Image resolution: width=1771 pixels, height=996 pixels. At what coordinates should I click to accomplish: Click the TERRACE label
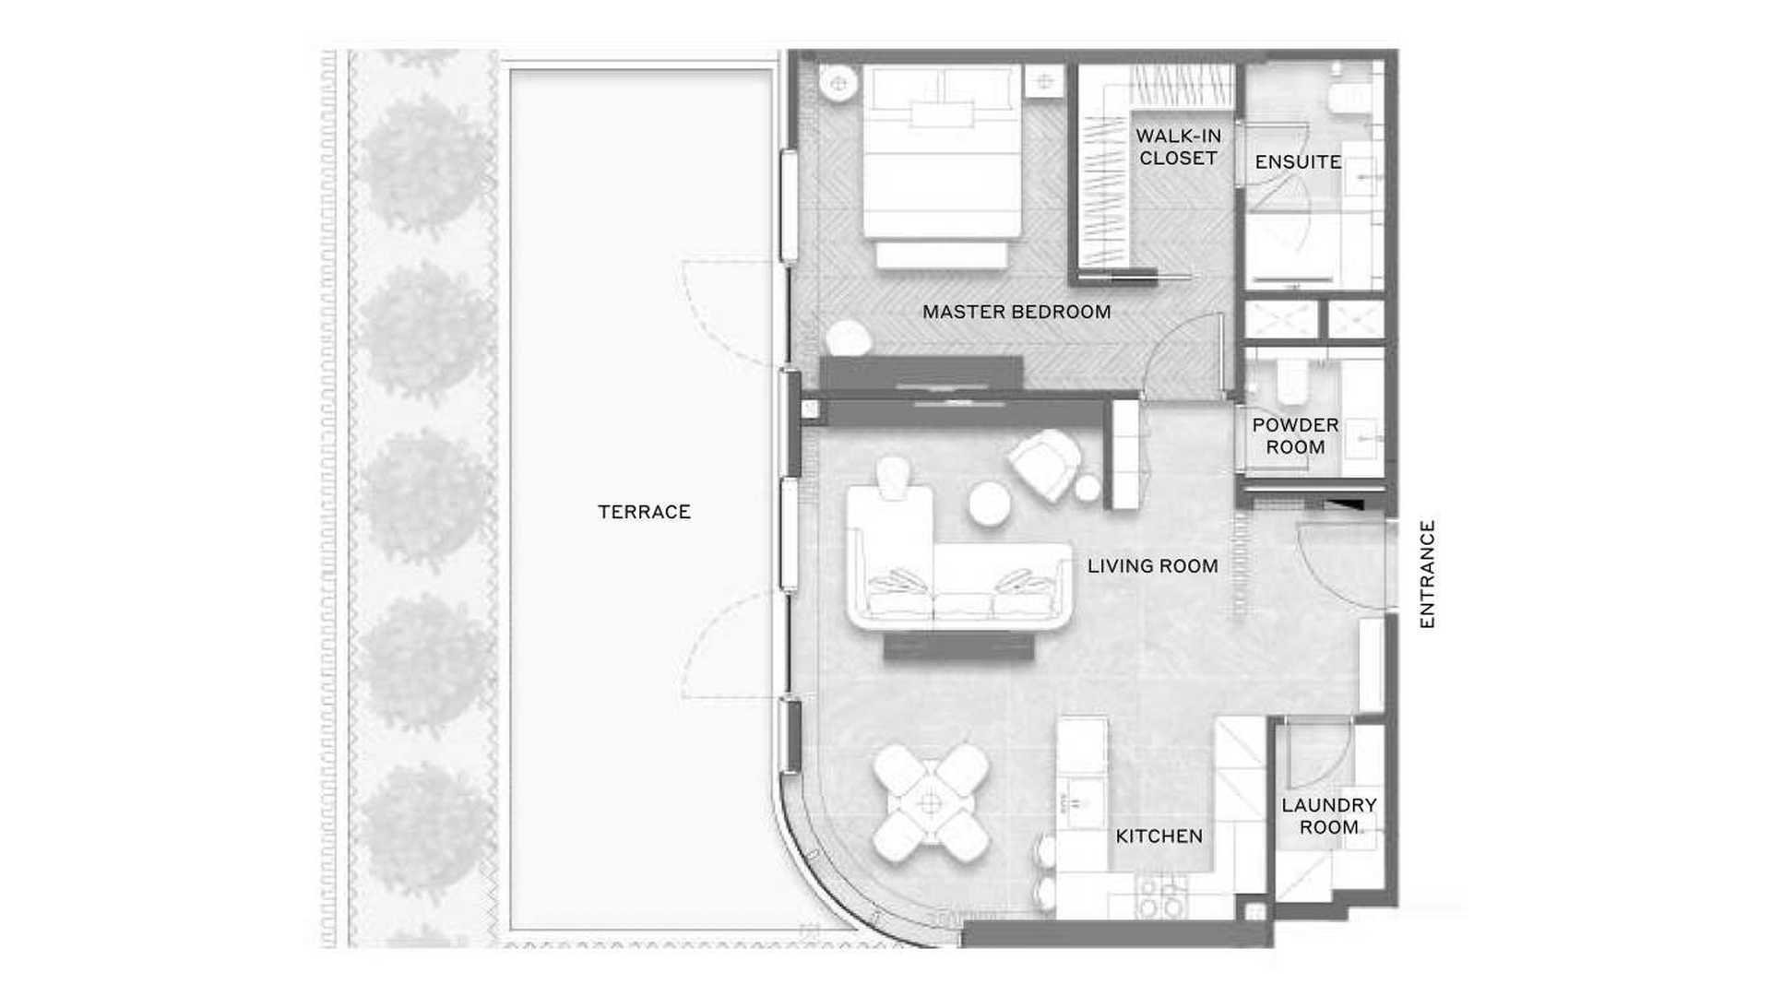(644, 512)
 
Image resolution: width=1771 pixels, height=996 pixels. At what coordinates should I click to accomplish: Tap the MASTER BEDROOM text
(1016, 312)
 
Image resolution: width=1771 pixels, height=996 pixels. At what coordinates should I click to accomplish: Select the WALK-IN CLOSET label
(1178, 147)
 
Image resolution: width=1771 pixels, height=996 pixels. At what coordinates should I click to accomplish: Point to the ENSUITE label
(1298, 162)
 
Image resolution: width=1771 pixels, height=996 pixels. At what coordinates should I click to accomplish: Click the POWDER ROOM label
(1295, 436)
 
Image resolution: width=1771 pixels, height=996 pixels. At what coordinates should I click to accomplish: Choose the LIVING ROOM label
(1152, 566)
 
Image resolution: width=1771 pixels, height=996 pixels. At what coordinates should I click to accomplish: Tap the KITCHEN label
(1159, 836)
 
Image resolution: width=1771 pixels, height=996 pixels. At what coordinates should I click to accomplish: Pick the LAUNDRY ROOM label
(1329, 816)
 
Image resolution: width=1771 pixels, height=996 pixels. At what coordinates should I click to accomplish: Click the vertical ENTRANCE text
(1427, 575)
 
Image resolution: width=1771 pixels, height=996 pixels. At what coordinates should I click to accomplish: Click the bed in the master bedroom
(942, 167)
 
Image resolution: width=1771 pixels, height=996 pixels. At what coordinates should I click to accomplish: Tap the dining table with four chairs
(931, 802)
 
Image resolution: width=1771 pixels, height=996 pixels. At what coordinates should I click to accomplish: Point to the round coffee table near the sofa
(989, 504)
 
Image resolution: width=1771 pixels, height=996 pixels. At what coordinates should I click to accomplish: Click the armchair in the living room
(1045, 464)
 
